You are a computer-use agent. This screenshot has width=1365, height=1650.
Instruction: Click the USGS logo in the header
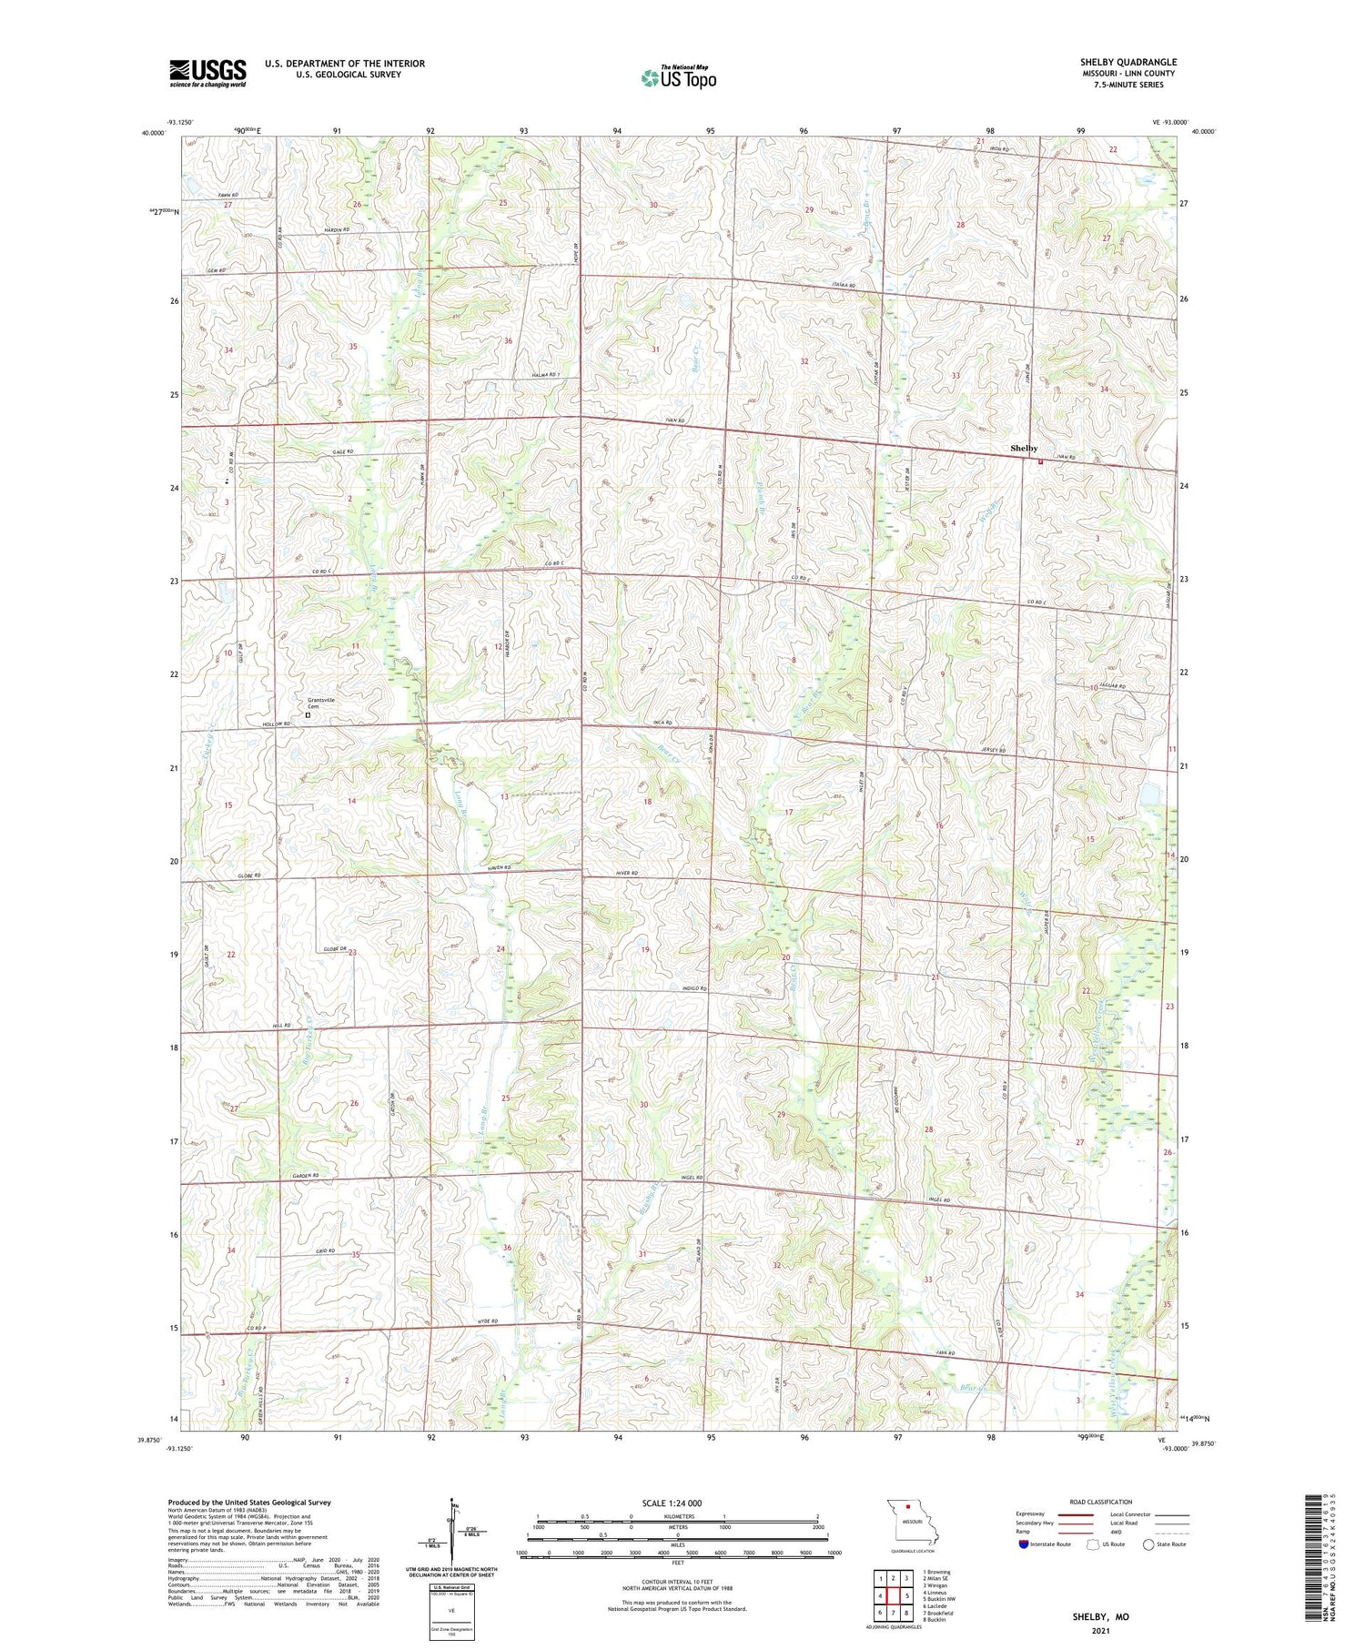point(207,73)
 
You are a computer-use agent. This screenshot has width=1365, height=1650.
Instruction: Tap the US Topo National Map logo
point(678,78)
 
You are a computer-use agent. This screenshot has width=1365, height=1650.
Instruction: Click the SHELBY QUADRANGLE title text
point(1127,62)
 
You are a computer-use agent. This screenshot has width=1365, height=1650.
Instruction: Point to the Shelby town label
point(1024,449)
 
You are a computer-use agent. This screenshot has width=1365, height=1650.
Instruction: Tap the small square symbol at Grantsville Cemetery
point(308,715)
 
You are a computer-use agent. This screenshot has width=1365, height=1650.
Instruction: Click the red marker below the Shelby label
point(1040,461)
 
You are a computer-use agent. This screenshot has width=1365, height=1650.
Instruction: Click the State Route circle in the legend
point(1148,1544)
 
